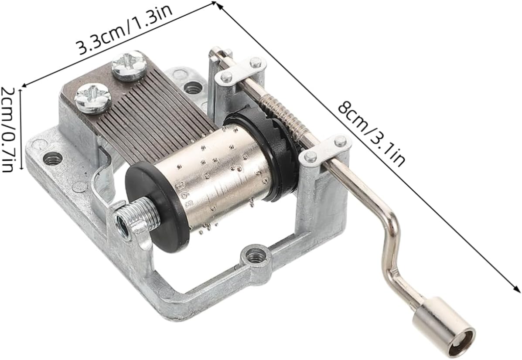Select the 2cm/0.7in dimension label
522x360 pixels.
[7, 129]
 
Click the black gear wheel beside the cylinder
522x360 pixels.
[266, 153]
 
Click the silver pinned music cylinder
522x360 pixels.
[226, 177]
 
